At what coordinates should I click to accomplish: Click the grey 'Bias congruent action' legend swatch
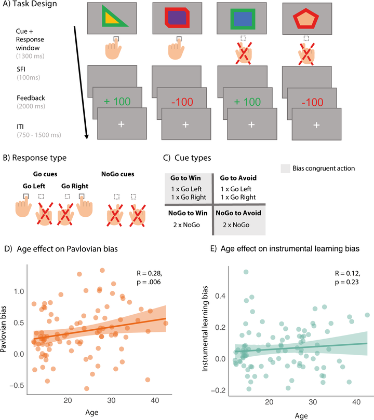[285, 169]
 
